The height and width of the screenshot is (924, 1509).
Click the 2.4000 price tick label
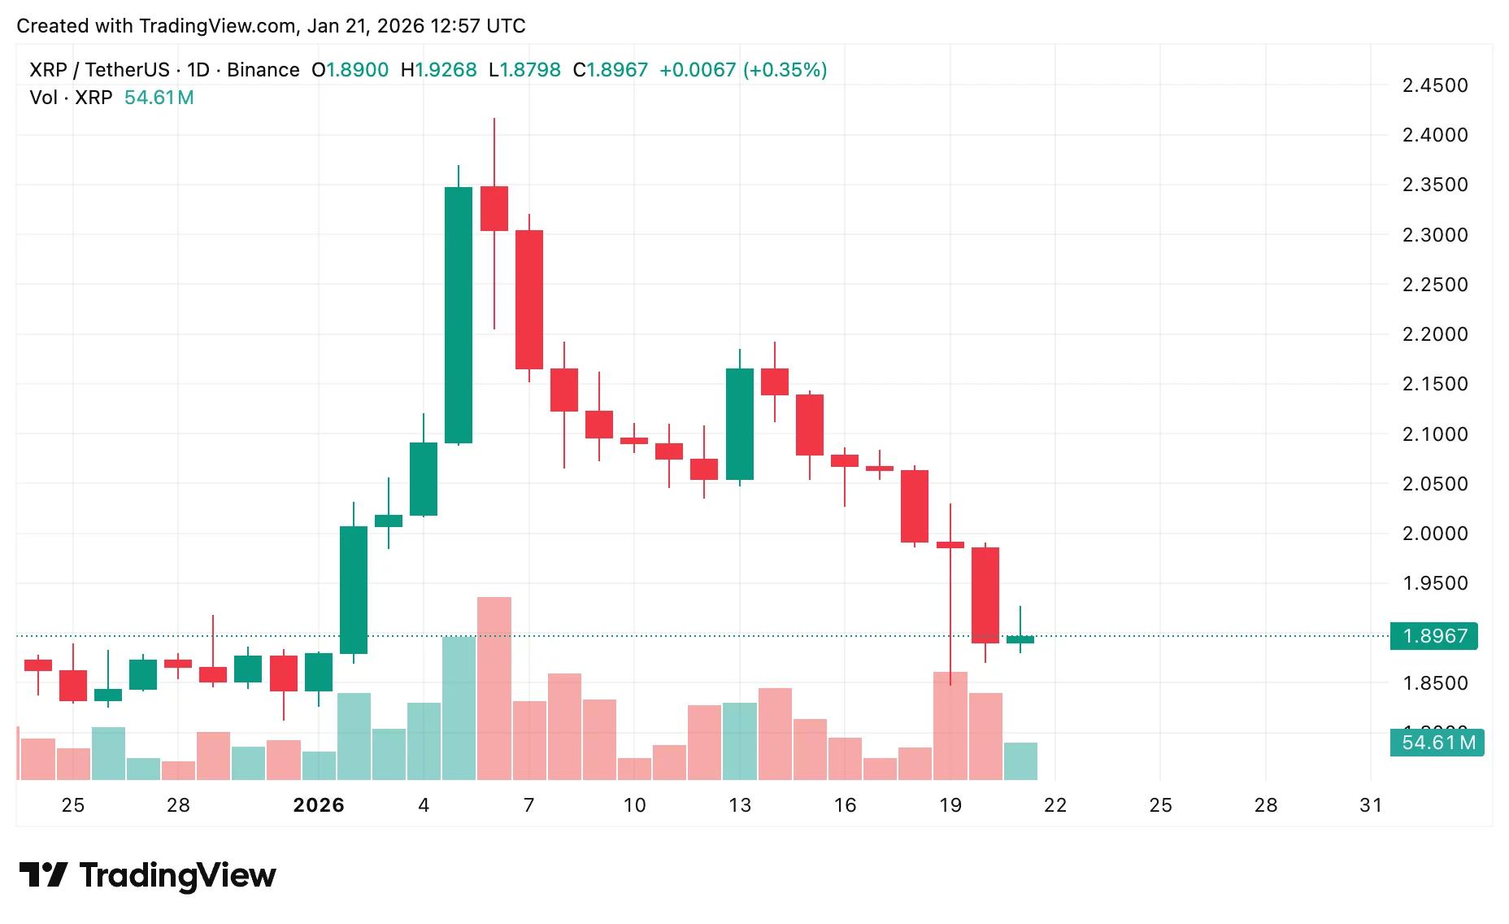[1435, 135]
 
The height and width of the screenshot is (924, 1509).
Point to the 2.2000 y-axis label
[1435, 334]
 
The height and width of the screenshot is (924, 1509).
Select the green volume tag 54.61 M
[1437, 743]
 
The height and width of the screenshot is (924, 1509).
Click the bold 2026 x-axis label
[319, 805]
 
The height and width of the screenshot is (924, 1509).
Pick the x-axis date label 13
[740, 805]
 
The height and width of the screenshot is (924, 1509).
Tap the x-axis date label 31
[1371, 805]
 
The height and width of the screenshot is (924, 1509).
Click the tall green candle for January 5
[459, 316]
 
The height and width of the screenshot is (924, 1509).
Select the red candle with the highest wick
[494, 208]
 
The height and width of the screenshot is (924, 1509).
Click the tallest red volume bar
[494, 688]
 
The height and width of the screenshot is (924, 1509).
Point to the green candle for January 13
[740, 424]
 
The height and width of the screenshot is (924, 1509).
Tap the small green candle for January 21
[1020, 640]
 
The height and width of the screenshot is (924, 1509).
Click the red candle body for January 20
[985, 595]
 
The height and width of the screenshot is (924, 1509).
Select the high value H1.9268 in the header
[438, 70]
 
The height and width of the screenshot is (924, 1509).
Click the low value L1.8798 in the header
[524, 70]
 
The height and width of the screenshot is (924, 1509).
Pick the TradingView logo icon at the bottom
[42, 875]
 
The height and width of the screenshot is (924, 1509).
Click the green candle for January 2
[354, 590]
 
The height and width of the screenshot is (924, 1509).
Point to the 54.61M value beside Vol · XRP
[159, 98]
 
